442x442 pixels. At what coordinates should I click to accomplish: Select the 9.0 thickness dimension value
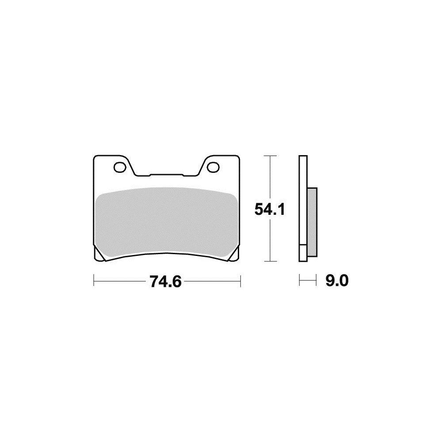[x=337, y=281]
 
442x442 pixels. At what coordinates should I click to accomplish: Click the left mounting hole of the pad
[x=119, y=167]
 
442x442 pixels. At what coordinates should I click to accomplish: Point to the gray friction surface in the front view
[x=166, y=221]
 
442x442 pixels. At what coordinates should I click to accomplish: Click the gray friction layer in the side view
[x=311, y=221]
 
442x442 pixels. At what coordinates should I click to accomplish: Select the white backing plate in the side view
[x=303, y=208]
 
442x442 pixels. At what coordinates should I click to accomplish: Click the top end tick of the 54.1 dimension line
[x=270, y=156]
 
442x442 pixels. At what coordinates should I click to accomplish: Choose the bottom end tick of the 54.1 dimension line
[x=270, y=262]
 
